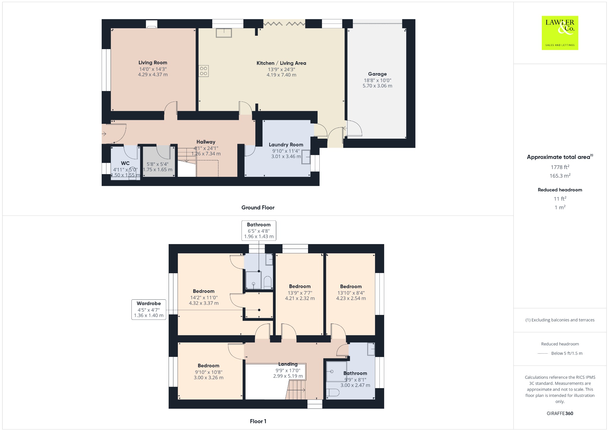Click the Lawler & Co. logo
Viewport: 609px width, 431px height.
(x=560, y=33)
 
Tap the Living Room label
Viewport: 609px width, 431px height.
(x=153, y=63)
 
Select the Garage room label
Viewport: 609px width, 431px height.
(x=377, y=74)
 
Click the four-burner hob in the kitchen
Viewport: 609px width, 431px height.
(x=204, y=71)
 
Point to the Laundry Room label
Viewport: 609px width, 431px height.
(x=286, y=145)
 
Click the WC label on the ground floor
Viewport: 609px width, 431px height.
(x=125, y=163)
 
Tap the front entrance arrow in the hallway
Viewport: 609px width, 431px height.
(x=104, y=134)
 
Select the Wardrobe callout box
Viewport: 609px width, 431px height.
(x=149, y=310)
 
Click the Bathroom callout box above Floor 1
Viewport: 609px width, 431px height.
(x=259, y=230)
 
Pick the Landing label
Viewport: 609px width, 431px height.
(x=288, y=364)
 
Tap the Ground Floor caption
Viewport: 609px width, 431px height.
(x=258, y=207)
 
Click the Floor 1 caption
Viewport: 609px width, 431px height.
(x=258, y=421)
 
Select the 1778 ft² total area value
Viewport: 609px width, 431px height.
(x=560, y=167)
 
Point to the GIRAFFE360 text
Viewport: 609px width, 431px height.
(x=560, y=413)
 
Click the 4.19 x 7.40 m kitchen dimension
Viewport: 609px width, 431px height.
(x=281, y=75)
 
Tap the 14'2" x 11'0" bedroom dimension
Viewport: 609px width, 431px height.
(x=204, y=297)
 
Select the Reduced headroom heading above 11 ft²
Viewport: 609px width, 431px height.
(x=560, y=190)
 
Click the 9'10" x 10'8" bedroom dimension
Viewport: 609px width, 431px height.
(x=208, y=372)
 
